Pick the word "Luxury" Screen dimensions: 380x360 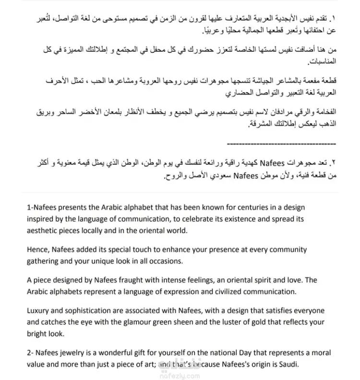tap(39, 310)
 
